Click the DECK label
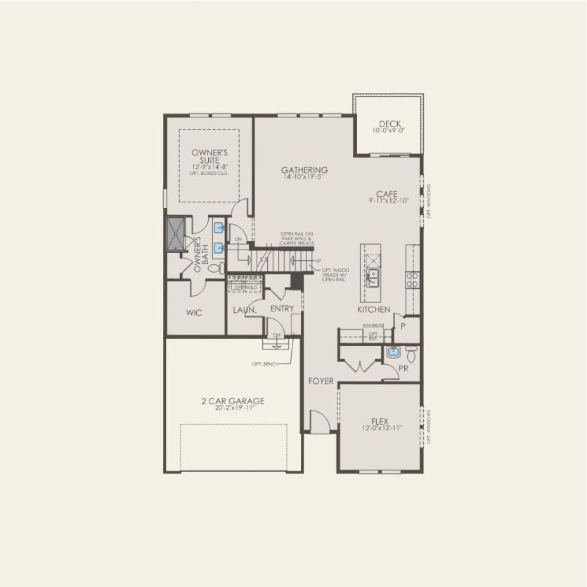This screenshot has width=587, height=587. click(x=389, y=124)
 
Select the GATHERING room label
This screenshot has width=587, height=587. click(x=304, y=170)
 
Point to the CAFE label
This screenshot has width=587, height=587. click(x=387, y=194)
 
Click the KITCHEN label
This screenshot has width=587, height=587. click(x=373, y=309)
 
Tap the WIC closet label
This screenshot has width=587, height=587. click(x=194, y=313)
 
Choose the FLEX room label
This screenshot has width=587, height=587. click(x=380, y=421)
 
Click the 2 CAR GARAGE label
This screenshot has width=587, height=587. click(x=233, y=401)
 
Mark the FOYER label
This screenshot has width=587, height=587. click(x=321, y=381)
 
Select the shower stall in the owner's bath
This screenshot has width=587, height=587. click(x=175, y=233)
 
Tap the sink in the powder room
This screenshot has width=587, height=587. click(x=392, y=352)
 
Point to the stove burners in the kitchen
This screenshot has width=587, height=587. click(x=413, y=280)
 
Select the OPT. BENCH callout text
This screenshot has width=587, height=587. click(x=266, y=363)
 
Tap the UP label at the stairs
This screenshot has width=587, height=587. click(x=318, y=261)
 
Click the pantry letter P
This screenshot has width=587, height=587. click(x=404, y=327)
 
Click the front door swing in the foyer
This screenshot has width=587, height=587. click(x=318, y=423)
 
